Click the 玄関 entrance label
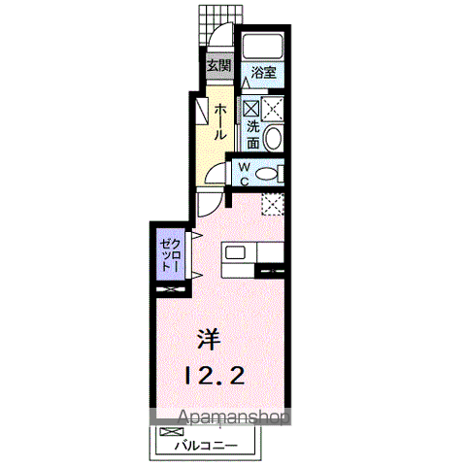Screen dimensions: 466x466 [219, 66]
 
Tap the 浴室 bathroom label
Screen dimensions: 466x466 [263, 72]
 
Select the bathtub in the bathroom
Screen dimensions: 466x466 [263, 46]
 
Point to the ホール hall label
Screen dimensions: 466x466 [219, 121]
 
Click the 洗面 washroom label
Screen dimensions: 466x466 [253, 134]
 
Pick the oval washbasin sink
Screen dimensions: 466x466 [273, 138]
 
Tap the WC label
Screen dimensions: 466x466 [245, 174]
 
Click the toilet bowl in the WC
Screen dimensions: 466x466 [266, 174]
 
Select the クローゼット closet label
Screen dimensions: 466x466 [170, 254]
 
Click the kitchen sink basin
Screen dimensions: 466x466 [235, 252]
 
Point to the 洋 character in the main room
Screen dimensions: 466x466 [209, 339]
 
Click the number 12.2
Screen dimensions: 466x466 [215, 376]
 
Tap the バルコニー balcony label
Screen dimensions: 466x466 [206, 447]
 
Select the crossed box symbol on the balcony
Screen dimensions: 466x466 [172, 431]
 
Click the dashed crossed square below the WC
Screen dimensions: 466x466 [273, 204]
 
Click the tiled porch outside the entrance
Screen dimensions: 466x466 [220, 25]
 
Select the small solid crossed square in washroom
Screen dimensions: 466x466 [251, 108]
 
